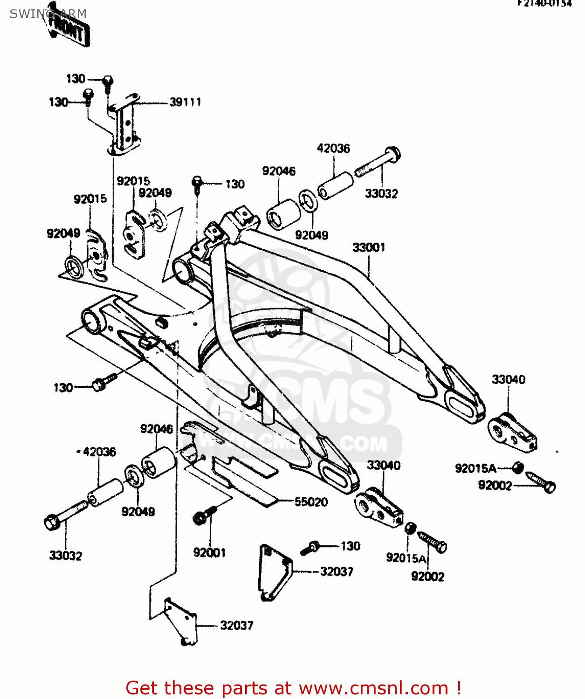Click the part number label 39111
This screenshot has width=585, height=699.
pyautogui.click(x=185, y=102)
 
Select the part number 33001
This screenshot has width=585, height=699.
pyautogui.click(x=369, y=247)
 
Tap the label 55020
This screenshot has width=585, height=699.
pyautogui.click(x=311, y=502)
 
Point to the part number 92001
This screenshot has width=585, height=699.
pyautogui.click(x=209, y=553)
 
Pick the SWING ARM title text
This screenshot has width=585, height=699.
pyautogui.click(x=48, y=14)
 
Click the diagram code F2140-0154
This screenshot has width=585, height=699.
pyautogui.click(x=544, y=4)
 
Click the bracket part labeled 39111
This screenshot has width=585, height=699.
pyautogui.click(x=124, y=126)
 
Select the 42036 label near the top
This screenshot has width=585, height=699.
pyautogui.click(x=333, y=148)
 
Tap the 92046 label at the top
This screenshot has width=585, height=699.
pyautogui.click(x=279, y=171)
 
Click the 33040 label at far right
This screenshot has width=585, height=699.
pyautogui.click(x=508, y=379)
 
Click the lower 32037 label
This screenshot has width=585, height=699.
pyautogui.click(x=237, y=625)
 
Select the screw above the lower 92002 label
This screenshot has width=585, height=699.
pyautogui.click(x=433, y=541)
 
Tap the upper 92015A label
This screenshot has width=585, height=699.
pyautogui.click(x=475, y=468)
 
